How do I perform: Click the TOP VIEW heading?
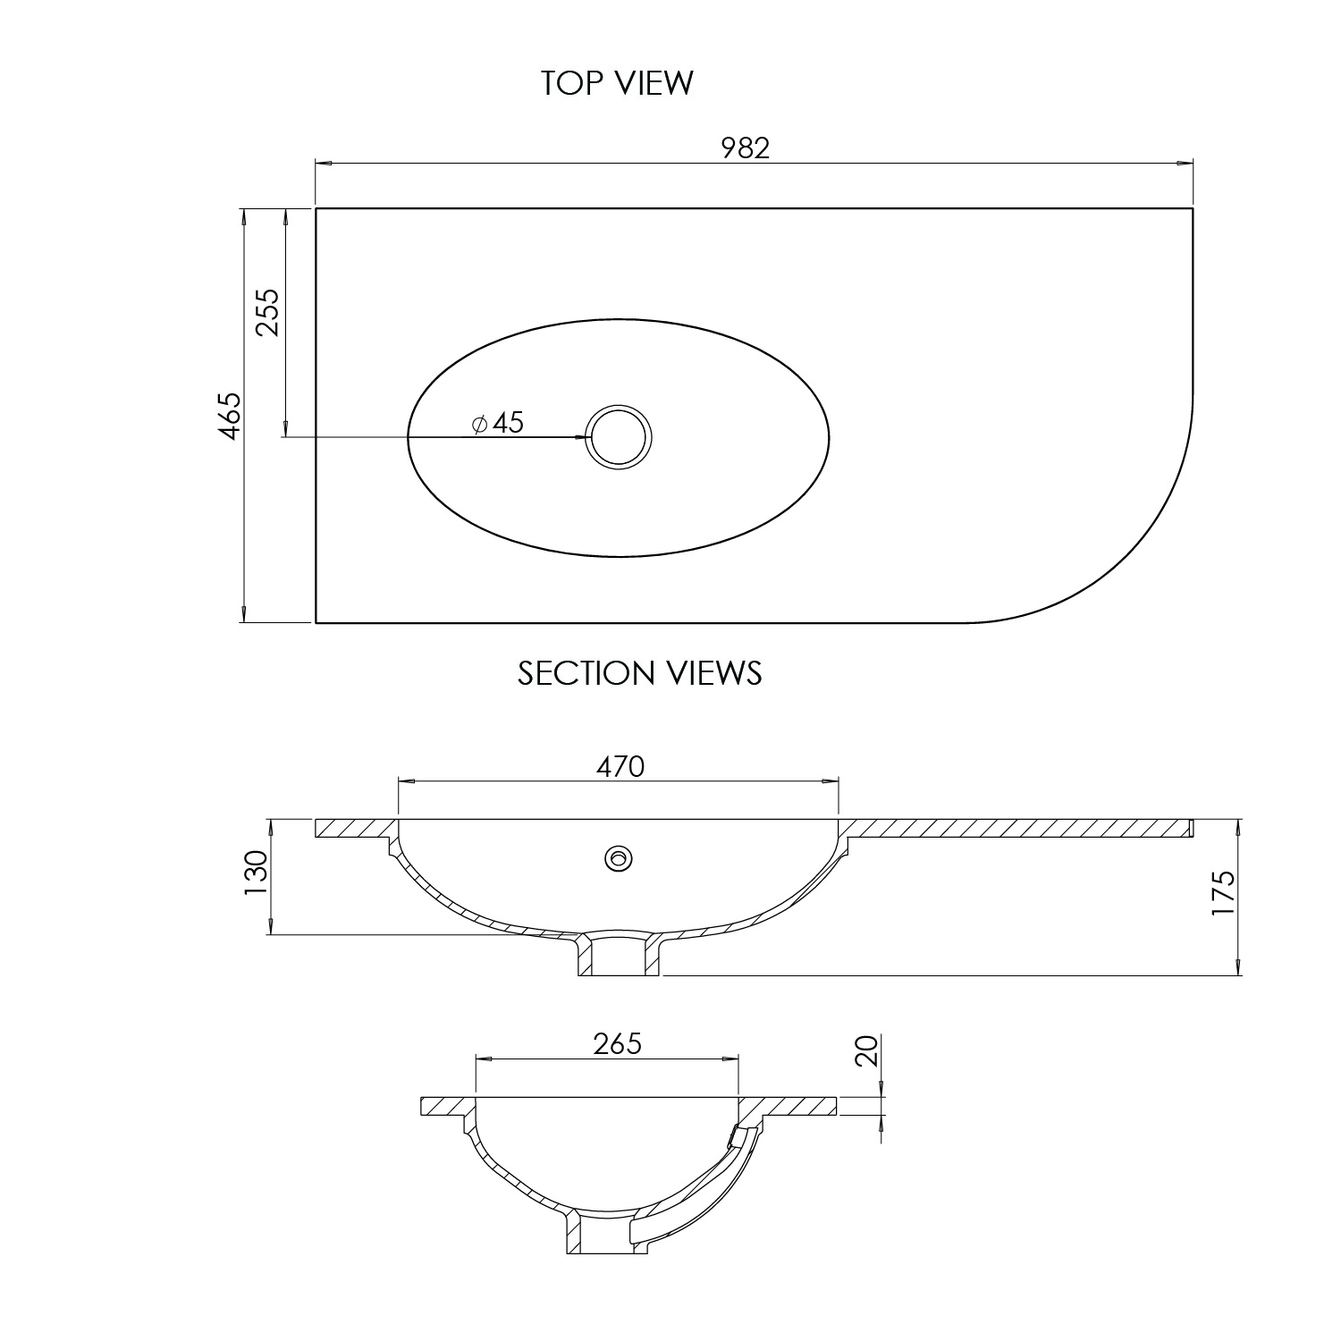click(x=617, y=82)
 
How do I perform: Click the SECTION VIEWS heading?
click(x=639, y=672)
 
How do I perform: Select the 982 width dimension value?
click(x=745, y=148)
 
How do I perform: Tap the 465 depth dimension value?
click(x=231, y=415)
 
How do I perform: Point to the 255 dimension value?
click(x=268, y=311)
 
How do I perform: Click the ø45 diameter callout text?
click(x=497, y=423)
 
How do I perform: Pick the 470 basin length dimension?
click(x=620, y=766)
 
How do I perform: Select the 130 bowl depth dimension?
click(x=256, y=873)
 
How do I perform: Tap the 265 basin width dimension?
click(x=617, y=1043)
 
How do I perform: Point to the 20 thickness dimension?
click(x=866, y=1050)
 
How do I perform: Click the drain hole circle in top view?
click(x=619, y=437)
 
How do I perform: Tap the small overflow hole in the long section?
click(x=618, y=858)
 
